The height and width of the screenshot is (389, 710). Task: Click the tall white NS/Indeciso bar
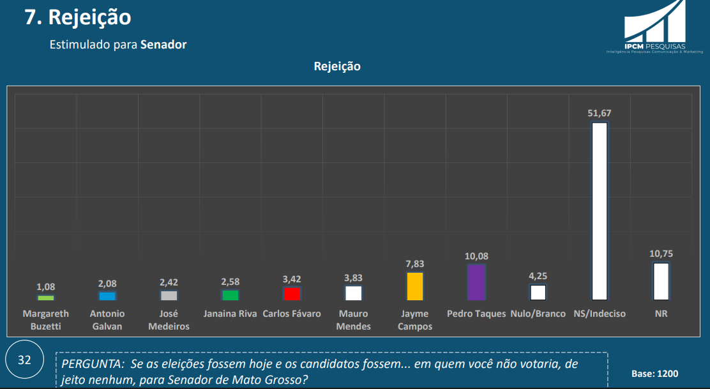599,211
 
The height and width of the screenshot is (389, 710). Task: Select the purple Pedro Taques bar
476,282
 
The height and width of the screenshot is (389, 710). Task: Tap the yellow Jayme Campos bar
415,286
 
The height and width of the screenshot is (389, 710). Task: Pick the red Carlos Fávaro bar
292,294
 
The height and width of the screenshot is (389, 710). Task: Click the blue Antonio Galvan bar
107,296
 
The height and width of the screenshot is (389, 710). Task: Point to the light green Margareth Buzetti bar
46,298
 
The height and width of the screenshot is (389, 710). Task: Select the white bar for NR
661,282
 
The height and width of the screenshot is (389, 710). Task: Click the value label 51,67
600,113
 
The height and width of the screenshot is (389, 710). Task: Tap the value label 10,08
476,256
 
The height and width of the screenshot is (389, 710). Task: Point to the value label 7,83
415,263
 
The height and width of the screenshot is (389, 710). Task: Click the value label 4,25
538,276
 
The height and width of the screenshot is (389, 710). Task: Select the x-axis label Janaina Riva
230,314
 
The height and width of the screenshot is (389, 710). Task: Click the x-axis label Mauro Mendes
354,320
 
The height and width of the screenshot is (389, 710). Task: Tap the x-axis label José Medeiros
169,320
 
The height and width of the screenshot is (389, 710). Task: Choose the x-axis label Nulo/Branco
538,314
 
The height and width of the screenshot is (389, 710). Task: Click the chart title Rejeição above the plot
337,66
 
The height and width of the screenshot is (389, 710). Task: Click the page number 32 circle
24,360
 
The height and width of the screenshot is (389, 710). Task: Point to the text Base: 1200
654,374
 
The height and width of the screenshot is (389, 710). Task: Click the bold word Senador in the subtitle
163,45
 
